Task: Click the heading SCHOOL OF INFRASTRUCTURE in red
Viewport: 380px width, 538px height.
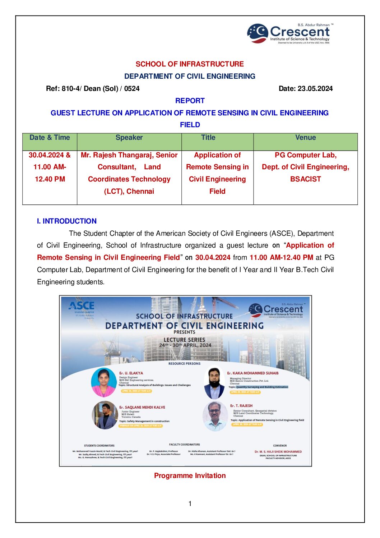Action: tap(190, 64)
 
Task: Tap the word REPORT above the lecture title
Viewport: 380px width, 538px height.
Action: tap(190, 101)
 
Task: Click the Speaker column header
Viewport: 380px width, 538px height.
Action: tap(129, 138)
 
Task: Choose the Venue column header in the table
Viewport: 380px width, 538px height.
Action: tap(305, 138)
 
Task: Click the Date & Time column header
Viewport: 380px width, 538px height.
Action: tap(50, 138)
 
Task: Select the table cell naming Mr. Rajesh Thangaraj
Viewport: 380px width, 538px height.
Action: tap(129, 173)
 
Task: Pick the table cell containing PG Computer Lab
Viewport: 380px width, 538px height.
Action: tap(305, 167)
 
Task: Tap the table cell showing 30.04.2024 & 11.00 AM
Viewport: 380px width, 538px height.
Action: tap(50, 167)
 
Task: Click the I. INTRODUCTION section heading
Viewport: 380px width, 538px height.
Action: tap(67, 221)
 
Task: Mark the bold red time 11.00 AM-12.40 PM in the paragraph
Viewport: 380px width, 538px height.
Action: tap(281, 257)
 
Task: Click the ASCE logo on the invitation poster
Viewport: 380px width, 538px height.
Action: tap(82, 306)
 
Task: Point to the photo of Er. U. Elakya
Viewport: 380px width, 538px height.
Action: tap(104, 382)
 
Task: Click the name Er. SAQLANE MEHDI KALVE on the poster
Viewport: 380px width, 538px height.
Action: tap(142, 407)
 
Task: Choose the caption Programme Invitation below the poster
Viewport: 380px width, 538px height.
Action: tap(190, 475)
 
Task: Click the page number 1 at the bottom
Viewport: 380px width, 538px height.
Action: tap(190, 504)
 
